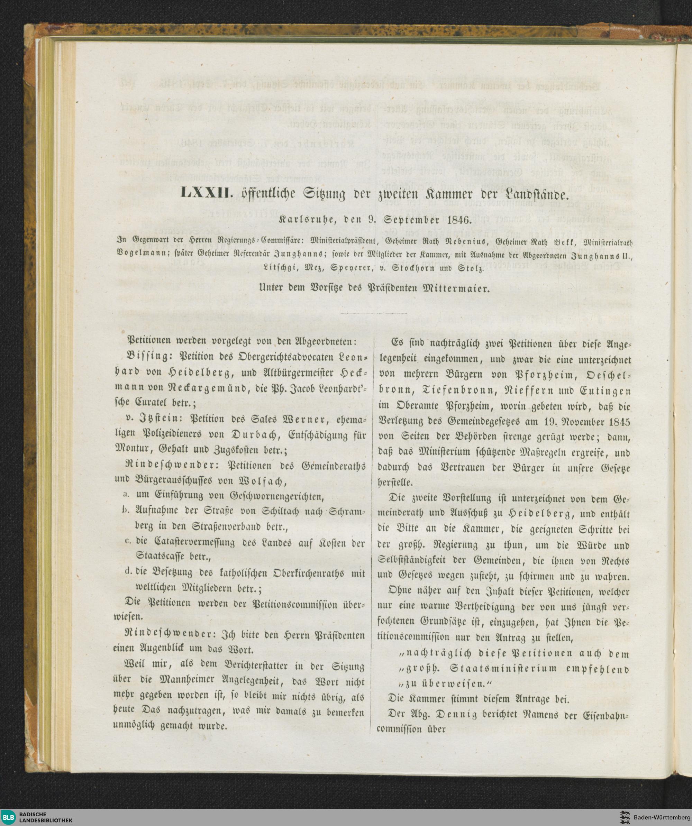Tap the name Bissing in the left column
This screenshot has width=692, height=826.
click(x=146, y=356)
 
